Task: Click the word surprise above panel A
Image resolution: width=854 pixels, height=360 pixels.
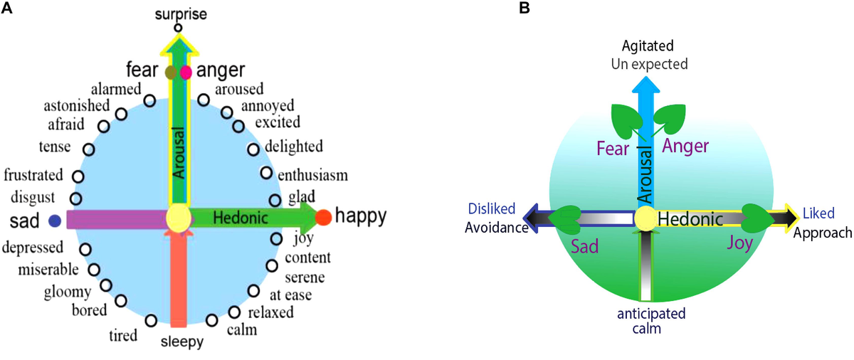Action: pos(181,14)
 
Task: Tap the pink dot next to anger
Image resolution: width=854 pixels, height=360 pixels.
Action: pos(186,73)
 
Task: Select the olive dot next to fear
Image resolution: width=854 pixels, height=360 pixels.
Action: pos(171,72)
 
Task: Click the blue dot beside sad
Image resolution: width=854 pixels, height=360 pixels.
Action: pos(55,221)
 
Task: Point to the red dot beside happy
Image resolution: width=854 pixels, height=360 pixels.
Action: pos(323,217)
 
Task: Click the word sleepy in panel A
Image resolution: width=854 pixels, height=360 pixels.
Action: pos(182,342)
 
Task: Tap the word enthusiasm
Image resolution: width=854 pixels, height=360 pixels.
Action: pos(312,175)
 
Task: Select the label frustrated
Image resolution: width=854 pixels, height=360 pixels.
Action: pos(33,175)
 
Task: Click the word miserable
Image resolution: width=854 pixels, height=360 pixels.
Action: pos(48,270)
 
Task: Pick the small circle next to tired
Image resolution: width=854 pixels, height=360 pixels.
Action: pos(152,321)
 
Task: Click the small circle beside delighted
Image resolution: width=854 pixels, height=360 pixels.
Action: pos(253,149)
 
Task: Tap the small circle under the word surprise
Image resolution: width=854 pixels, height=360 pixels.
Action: pos(178,28)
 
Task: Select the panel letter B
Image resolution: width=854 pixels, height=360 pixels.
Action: pos(524,8)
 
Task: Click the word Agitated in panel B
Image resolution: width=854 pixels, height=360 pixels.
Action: pos(648,46)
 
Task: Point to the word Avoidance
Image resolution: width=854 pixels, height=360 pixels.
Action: pos(497,228)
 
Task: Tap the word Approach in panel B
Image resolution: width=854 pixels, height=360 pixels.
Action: pos(823,233)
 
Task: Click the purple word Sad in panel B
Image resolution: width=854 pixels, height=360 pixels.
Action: pos(584,247)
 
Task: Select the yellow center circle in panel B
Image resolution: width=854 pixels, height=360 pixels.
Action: pos(645,218)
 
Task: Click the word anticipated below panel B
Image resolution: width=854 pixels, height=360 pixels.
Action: pos(651,314)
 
